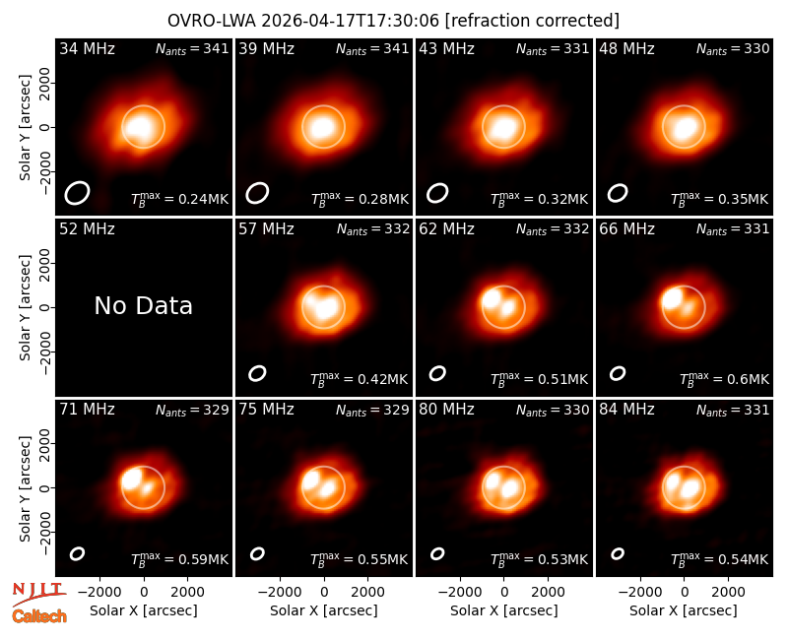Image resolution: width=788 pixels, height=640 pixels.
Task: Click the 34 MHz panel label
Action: click(87, 48)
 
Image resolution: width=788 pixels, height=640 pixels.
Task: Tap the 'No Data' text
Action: click(143, 305)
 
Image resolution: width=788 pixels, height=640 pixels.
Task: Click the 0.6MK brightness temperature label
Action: click(724, 379)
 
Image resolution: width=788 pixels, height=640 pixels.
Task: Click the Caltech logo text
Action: click(39, 616)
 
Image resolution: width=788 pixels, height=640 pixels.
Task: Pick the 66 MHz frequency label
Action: click(626, 229)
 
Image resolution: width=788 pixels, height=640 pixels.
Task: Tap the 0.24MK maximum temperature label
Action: click(179, 199)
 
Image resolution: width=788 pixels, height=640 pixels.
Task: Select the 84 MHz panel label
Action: click(626, 410)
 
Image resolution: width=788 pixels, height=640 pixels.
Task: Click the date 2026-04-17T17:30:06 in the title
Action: click(351, 21)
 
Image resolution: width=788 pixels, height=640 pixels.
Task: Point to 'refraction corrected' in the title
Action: click(532, 21)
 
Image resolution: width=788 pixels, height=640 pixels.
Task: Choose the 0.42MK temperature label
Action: click(360, 379)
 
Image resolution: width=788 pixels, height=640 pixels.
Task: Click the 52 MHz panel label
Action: click(87, 229)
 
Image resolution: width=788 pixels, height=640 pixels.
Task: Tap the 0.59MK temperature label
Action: click(179, 559)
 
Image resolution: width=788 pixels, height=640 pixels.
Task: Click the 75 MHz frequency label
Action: click(266, 410)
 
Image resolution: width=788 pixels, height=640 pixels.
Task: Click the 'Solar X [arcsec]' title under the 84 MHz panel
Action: click(684, 610)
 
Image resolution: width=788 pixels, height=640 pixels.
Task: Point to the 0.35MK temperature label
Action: click(720, 199)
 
